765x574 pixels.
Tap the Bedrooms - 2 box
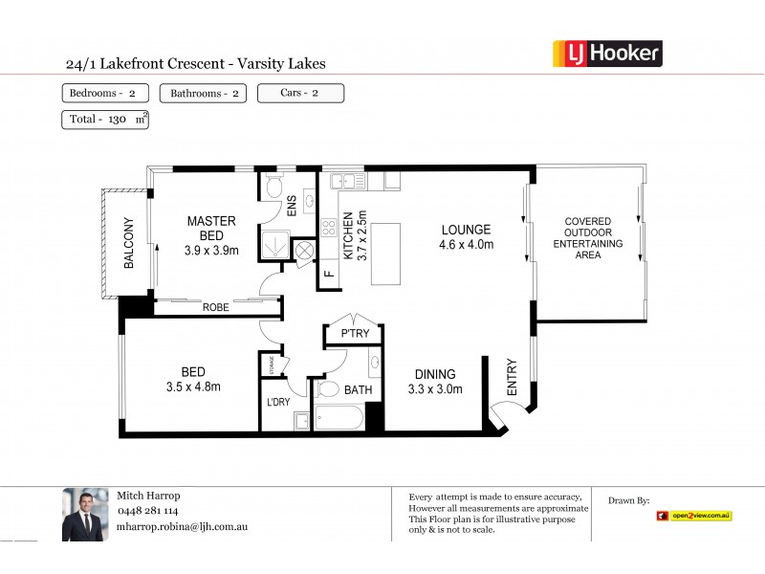105,93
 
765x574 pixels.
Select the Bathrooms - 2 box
203,93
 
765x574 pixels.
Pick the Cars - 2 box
300,93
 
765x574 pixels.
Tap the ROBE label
215,308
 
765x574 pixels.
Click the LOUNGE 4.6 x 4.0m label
466,236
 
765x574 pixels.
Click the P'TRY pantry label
355,334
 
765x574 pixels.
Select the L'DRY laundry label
278,403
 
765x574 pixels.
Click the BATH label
357,390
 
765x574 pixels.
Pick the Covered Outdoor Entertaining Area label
588,238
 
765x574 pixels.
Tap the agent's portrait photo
85,516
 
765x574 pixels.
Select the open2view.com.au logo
694,516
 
